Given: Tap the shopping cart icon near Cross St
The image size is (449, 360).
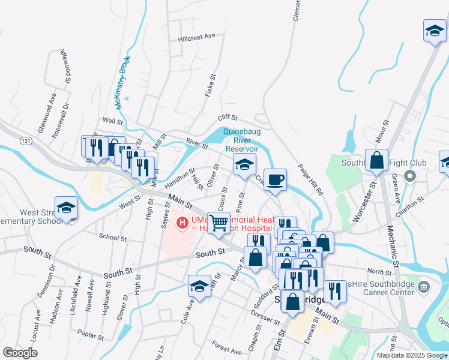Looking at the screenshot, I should (218, 222).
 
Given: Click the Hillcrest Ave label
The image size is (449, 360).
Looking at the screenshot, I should (196, 37).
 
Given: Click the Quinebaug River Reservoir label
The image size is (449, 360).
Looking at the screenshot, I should (241, 140).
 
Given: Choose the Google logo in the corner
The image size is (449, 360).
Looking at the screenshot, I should (20, 353).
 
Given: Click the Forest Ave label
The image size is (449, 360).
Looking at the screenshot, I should (226, 347).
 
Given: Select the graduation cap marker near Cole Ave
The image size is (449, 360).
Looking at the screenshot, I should (199, 286).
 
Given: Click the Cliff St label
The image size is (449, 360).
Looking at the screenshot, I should (228, 118).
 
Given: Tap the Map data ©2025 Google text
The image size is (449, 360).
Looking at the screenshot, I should (412, 355).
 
